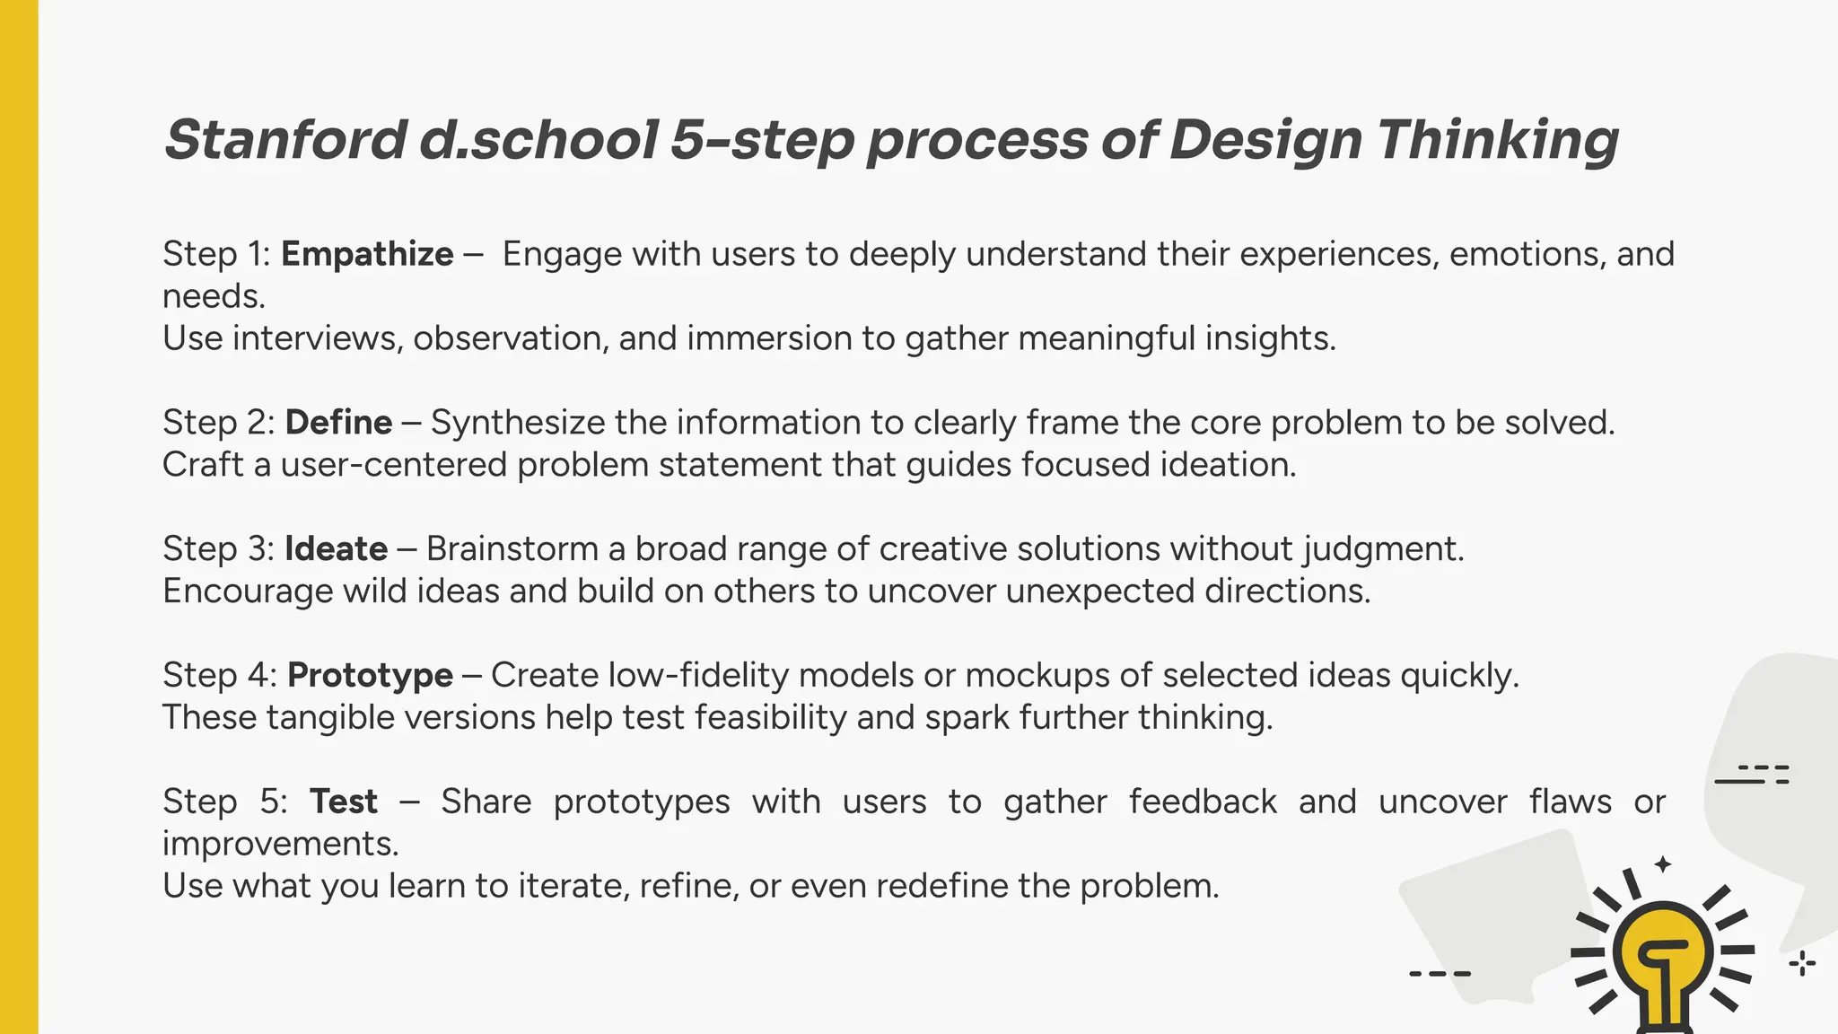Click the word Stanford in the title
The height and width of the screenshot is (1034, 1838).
[x=285, y=140]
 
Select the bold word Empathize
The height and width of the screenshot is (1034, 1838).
[x=367, y=254]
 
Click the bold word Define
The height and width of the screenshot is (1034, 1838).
[x=338, y=422]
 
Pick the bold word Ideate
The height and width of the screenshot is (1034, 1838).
[x=336, y=548]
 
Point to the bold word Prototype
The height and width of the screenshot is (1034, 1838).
[x=370, y=675]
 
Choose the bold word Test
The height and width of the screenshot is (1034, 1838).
[x=343, y=802]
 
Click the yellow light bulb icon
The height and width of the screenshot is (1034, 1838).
[x=1662, y=956]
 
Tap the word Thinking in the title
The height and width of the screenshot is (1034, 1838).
[x=1497, y=140]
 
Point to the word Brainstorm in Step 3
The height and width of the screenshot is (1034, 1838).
[x=512, y=548]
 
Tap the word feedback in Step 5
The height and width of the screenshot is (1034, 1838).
[x=1203, y=802]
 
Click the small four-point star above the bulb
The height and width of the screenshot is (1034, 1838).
[x=1663, y=864]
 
